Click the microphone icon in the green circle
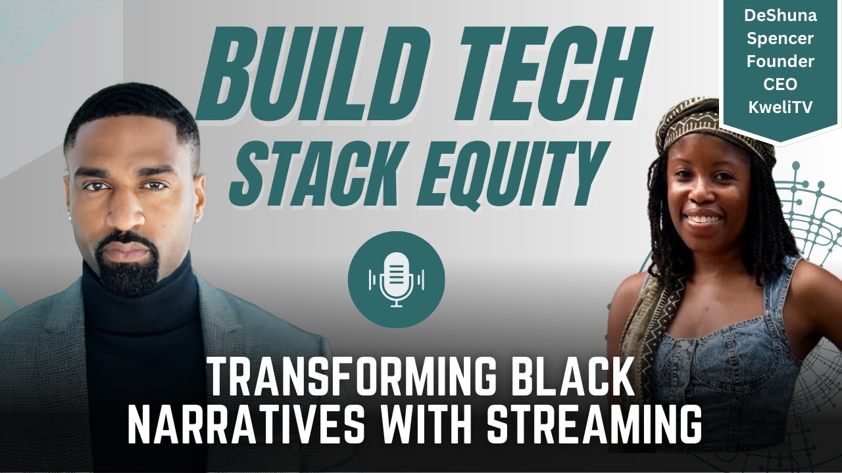[x=397, y=279]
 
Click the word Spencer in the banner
[x=781, y=39]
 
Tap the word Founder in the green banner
[x=781, y=62]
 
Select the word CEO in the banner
[x=781, y=85]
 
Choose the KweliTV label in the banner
[x=781, y=108]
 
